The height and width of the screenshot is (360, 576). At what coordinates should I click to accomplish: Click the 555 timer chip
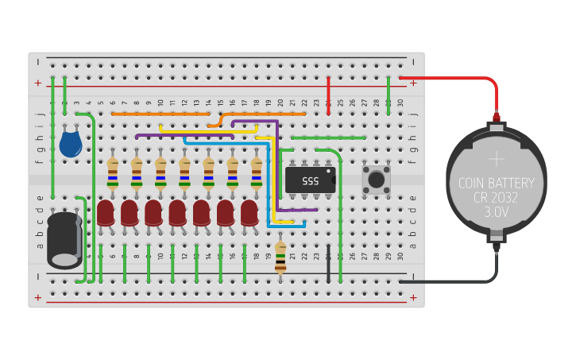(309, 180)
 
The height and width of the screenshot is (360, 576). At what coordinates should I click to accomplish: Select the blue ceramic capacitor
(71, 144)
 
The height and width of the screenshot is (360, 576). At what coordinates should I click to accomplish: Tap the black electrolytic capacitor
(64, 239)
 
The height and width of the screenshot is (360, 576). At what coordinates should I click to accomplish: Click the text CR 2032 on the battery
(497, 198)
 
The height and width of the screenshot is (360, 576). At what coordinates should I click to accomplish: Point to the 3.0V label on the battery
(497, 212)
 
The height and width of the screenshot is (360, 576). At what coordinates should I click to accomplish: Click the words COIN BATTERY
(497, 184)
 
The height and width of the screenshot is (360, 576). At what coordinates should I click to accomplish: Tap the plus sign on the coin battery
(497, 158)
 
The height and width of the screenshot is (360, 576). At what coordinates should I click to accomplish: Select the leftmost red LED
(106, 213)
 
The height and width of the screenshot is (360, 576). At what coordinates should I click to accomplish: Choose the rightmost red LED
(249, 213)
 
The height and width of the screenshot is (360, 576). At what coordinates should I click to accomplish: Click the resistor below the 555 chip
(280, 257)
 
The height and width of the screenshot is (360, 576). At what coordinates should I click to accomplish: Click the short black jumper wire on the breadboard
(328, 263)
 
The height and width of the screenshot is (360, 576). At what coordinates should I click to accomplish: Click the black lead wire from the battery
(453, 281)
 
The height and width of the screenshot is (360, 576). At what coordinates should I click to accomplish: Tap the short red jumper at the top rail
(328, 95)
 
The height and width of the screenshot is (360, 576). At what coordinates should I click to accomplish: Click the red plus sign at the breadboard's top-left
(37, 83)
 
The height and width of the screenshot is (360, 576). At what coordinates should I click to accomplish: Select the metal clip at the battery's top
(497, 122)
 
